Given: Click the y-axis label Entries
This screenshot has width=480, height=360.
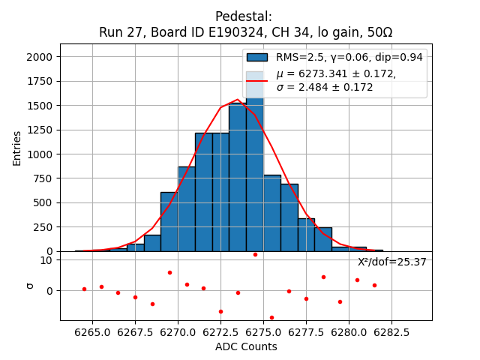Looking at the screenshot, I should click(x=17, y=147).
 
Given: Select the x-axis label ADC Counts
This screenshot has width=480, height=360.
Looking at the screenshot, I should click(x=246, y=346).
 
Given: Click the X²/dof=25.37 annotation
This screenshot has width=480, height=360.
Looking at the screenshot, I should click(x=391, y=262).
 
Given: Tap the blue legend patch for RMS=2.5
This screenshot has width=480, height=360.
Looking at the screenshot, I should click(x=256, y=58).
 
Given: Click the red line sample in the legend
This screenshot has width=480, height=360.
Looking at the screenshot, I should click(x=256, y=80).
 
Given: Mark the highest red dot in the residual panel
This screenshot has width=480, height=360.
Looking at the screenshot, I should click(x=255, y=254).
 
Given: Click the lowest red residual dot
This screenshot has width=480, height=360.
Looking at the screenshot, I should click(x=271, y=317).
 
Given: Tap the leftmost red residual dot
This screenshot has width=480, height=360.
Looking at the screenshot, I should click(x=84, y=289).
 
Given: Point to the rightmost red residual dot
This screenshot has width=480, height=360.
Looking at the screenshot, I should click(x=374, y=285).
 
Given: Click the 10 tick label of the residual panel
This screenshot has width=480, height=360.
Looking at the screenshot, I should click(x=46, y=260).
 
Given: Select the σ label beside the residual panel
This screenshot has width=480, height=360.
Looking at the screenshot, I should click(x=30, y=285).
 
